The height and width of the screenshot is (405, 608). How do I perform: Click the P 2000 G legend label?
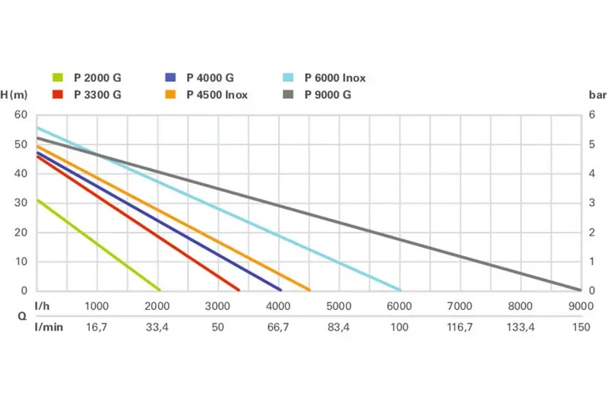[x=97, y=78]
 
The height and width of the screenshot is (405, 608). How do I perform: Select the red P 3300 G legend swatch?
[x=58, y=95]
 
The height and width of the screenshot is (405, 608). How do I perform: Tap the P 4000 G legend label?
[x=210, y=78]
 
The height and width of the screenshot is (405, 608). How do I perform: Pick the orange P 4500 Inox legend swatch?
[x=171, y=95]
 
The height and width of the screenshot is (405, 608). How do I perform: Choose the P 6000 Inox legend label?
[x=335, y=78]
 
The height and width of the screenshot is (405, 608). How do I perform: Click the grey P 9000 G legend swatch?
[x=287, y=95]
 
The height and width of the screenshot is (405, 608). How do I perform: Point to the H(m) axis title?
[x=14, y=95]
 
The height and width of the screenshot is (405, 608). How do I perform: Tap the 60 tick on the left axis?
[x=21, y=115]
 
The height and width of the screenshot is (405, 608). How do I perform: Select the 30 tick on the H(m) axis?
[x=21, y=203]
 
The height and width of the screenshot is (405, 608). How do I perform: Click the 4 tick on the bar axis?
[x=593, y=173]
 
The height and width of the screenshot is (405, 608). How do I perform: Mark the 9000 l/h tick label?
[x=580, y=306]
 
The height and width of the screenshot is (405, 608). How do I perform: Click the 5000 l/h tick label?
[x=338, y=306]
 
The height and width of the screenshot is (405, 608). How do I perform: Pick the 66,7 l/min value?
[x=278, y=327]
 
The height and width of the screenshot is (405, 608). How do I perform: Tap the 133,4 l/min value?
[x=520, y=327]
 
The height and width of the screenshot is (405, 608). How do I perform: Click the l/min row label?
[x=48, y=327]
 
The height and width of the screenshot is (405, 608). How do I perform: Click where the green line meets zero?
[x=159, y=290]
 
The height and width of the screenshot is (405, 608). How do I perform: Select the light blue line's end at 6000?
[x=400, y=290]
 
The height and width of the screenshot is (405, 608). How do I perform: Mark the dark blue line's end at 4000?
[x=280, y=290]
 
